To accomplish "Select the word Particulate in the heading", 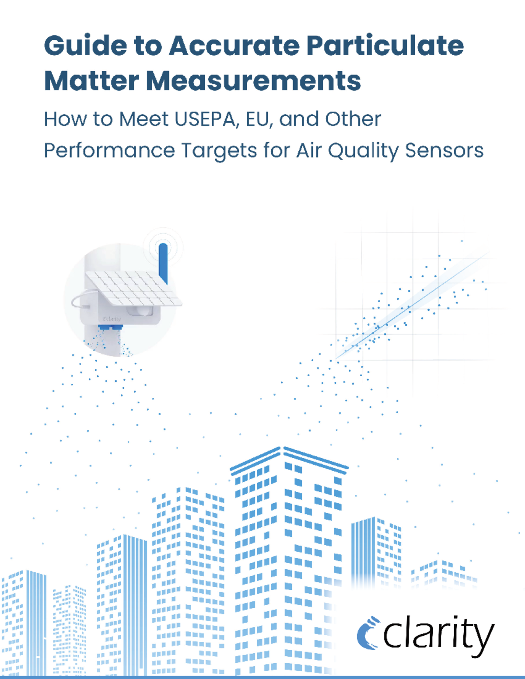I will (x=385, y=45).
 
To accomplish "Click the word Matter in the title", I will (x=91, y=81).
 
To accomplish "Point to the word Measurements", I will (x=254, y=81).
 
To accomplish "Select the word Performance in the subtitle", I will (x=109, y=151).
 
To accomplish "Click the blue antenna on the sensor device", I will (x=163, y=262).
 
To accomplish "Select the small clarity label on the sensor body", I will (x=112, y=319).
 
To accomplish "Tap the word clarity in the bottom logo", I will (x=438, y=634).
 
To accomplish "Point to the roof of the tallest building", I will (x=289, y=457).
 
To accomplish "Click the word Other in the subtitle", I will (x=353, y=119).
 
